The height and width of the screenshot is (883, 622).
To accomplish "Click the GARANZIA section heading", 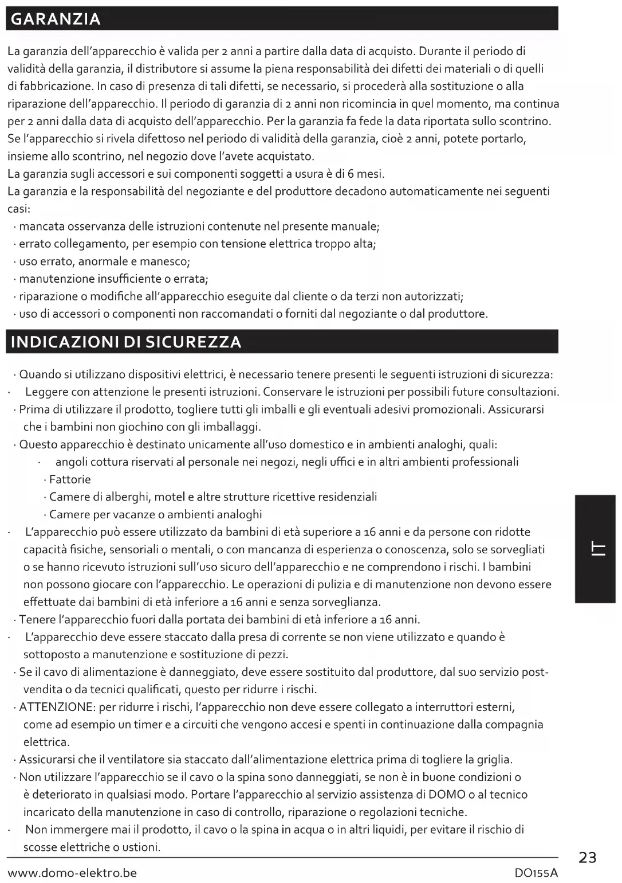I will click(56, 19).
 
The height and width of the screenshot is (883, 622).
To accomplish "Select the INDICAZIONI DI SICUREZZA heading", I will click(126, 342).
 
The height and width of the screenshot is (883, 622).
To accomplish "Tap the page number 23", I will click(588, 858).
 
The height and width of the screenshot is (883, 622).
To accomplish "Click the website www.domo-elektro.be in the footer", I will click(72, 873).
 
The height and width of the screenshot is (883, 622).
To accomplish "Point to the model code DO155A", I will click(536, 873).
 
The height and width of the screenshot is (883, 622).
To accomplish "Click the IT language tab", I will click(596, 549).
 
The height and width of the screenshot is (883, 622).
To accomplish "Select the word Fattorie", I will click(70, 479).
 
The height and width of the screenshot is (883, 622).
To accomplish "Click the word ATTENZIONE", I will click(56, 707).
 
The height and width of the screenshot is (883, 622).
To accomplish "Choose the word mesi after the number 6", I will click(370, 174).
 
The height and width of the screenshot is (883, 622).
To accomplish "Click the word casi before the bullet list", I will click(18, 209).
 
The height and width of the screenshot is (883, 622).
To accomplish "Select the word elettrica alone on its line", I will click(46, 742).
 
